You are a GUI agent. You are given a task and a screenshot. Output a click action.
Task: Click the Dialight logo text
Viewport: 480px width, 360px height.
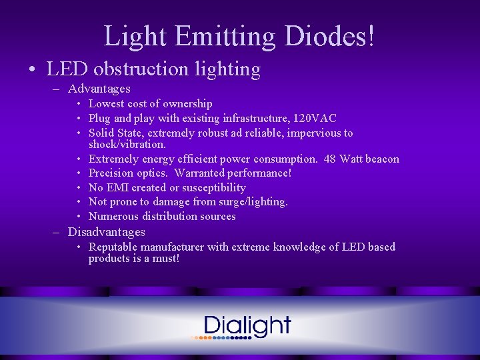[247, 326]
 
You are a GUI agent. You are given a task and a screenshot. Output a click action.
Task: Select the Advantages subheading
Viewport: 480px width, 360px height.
[99, 89]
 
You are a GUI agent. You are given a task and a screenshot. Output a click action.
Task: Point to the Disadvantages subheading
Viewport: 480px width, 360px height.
[107, 232]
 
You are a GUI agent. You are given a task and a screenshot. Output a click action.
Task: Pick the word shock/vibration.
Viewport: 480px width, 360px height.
[127, 144]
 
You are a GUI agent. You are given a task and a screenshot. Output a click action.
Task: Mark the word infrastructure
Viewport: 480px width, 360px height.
[253, 119]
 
